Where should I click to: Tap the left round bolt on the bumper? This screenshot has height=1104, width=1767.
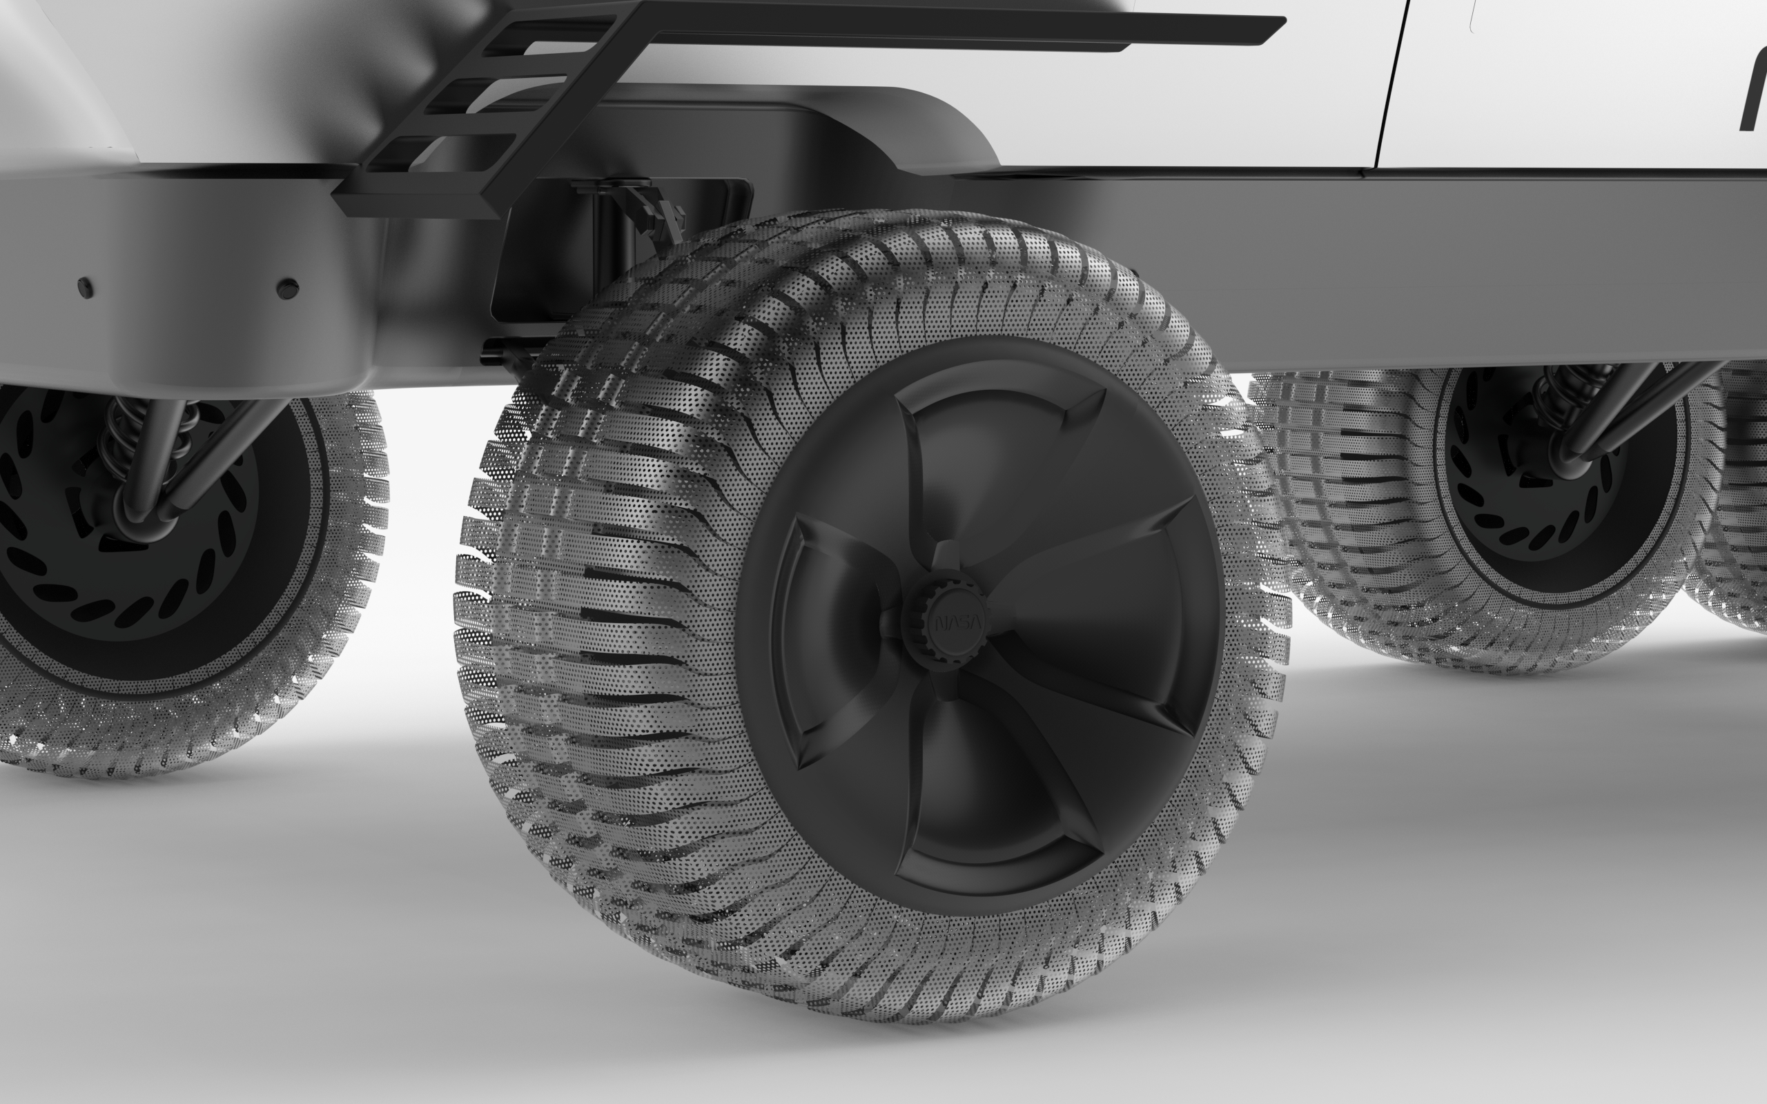86,286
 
